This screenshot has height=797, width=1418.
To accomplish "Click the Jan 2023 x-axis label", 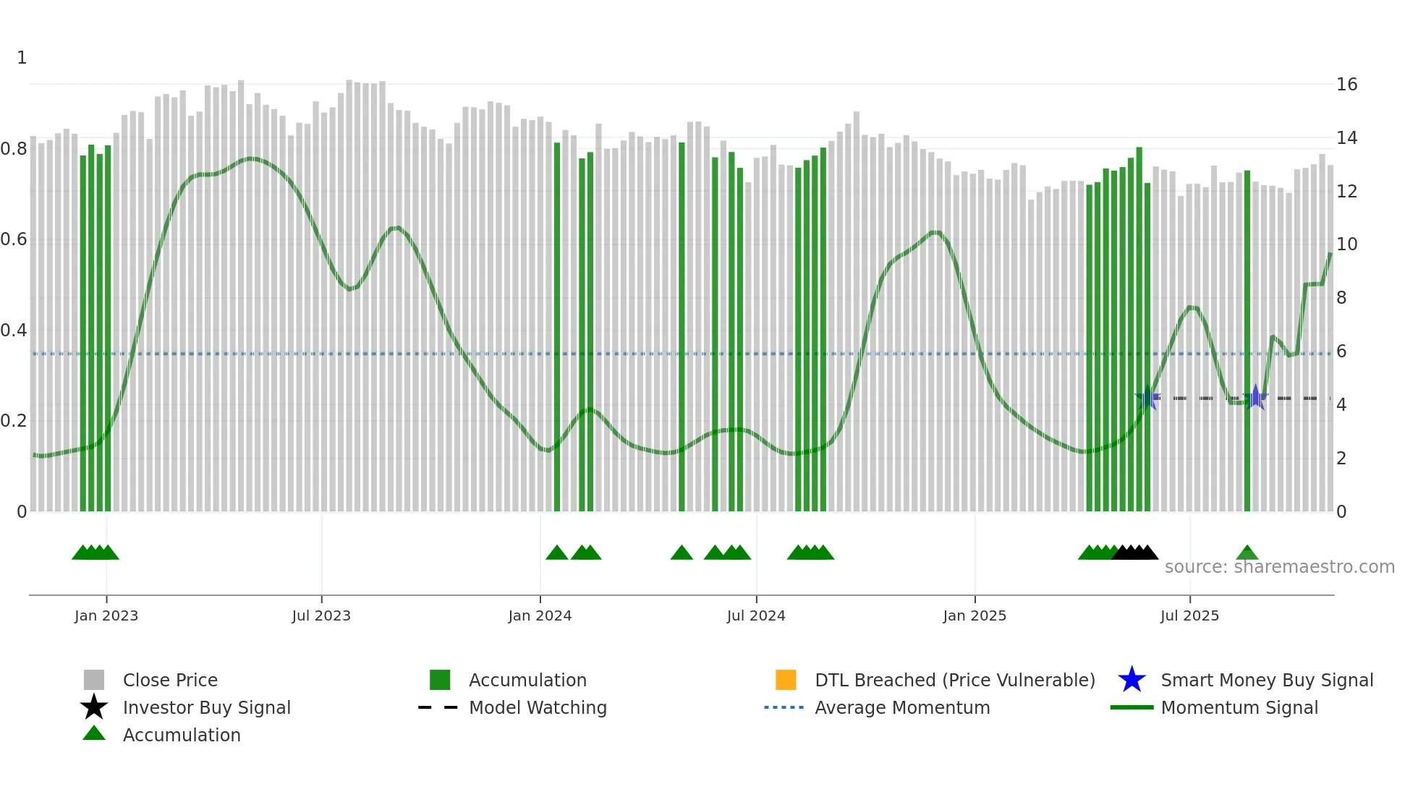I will (106, 615).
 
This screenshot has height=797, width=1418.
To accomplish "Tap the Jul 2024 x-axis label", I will (756, 615).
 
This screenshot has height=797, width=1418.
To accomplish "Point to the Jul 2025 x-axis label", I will (1189, 615).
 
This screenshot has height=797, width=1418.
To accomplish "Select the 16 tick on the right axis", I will (1346, 85).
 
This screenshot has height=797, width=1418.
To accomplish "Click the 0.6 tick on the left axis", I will (14, 239).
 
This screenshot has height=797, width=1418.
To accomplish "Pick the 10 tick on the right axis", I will (1346, 244).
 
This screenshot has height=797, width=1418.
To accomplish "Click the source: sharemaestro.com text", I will (1279, 567).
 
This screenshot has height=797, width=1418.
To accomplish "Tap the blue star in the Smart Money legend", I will (1132, 680).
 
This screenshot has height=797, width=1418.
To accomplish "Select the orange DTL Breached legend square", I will (786, 680).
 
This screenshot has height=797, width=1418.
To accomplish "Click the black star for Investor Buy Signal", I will (94, 707).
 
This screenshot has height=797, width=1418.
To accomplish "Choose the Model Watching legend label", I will (538, 707).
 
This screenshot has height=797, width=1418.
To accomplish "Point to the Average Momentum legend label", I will (902, 707).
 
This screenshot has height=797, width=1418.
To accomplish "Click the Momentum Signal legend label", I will (1239, 707).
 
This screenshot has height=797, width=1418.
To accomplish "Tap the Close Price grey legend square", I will (94, 680).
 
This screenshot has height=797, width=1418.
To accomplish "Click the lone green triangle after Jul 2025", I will (1247, 553).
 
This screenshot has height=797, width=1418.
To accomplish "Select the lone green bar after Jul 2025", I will (1247, 340).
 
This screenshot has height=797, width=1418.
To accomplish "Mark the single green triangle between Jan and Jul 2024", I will (682, 553).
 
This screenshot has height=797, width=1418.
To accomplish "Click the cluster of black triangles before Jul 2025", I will (1135, 553).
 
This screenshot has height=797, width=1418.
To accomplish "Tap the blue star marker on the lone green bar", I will (1256, 397).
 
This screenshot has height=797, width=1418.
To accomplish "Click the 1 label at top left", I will (22, 58).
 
